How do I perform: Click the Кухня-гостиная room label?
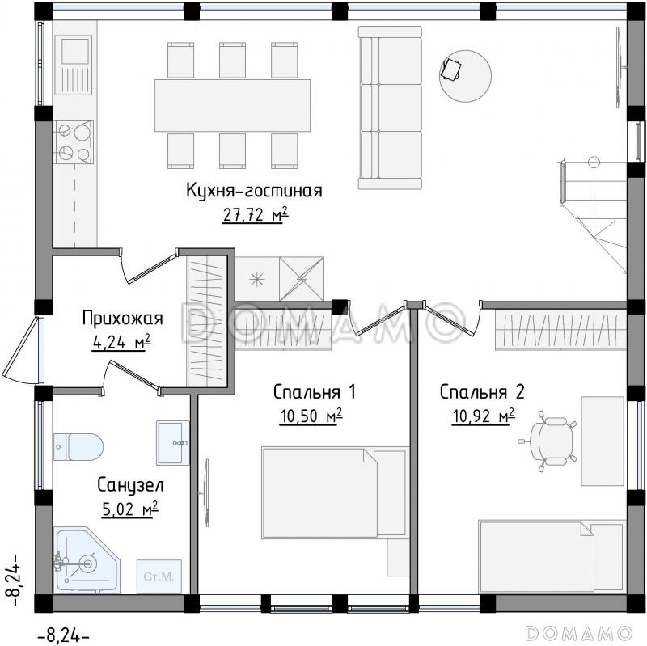254,191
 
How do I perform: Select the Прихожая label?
123,318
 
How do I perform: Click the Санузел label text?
130,485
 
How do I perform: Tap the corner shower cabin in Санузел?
83,559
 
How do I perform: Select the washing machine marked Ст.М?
159,576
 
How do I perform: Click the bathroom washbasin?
173,442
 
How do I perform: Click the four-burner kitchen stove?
74,142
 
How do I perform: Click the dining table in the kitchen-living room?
233,104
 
